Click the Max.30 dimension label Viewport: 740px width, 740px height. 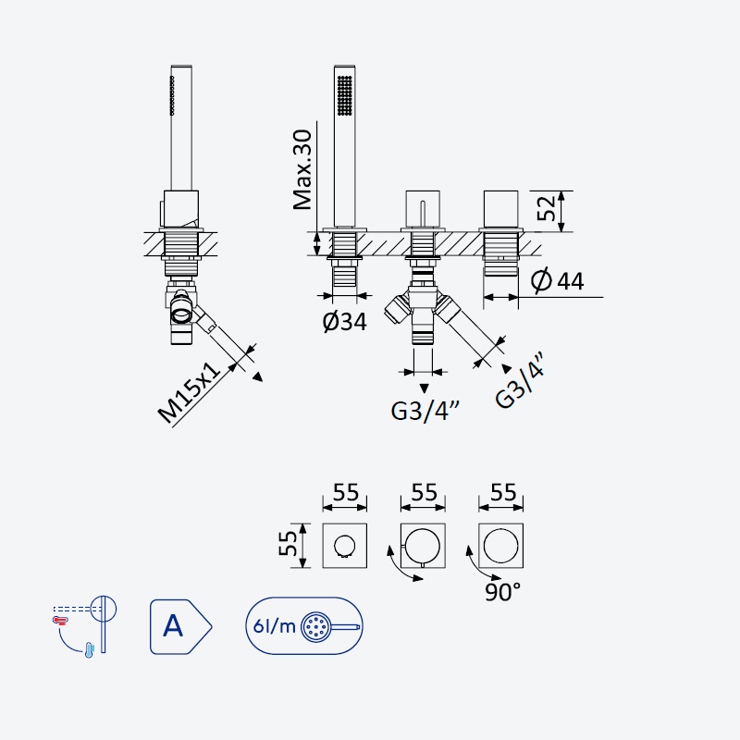click(302, 170)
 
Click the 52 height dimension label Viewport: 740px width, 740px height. click(547, 208)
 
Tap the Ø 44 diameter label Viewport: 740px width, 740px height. click(558, 280)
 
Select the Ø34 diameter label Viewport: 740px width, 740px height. click(344, 321)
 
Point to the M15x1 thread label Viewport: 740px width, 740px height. click(189, 392)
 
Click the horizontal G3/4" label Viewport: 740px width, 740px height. click(425, 411)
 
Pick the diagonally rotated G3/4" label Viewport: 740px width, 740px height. click(520, 380)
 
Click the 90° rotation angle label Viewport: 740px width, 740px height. click(502, 592)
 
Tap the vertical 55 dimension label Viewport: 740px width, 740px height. click(288, 544)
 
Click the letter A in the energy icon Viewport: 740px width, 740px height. click(173, 626)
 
